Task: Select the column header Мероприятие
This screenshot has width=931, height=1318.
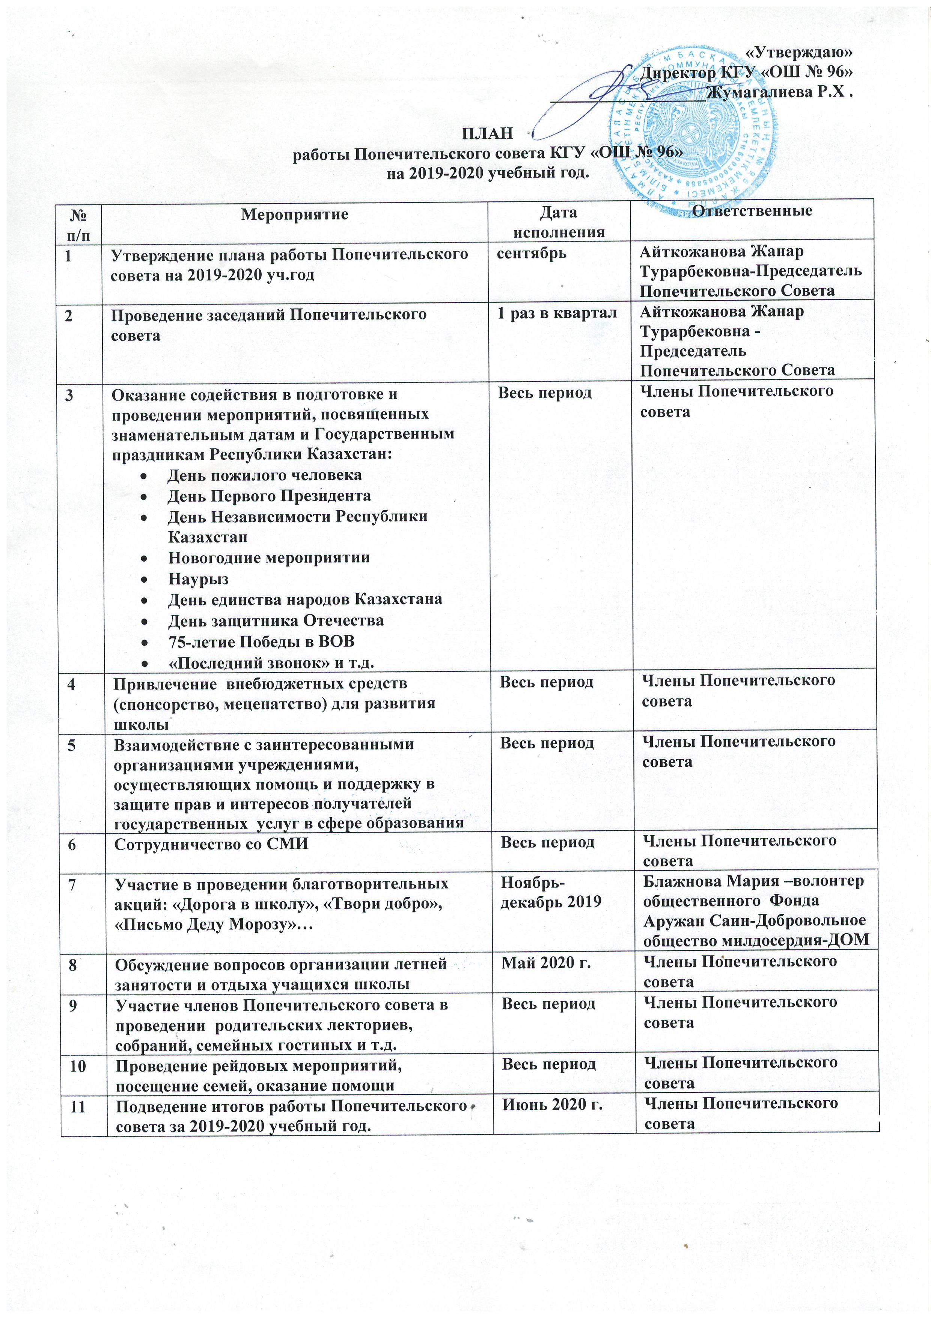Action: tap(294, 215)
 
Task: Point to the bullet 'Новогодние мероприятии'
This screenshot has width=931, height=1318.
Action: tap(268, 558)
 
